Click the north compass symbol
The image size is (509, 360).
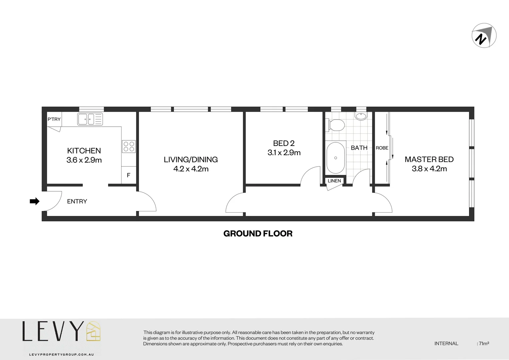(484, 36)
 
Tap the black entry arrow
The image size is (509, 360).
(35, 201)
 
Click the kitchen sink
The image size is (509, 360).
(90, 119)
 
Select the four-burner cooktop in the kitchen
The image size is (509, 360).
(129, 147)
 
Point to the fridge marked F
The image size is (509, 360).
(129, 175)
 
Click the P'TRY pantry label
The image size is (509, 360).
(54, 119)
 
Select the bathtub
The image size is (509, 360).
(335, 158)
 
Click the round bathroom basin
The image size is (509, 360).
(361, 116)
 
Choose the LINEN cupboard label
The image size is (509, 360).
(334, 181)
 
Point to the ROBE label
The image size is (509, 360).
(382, 148)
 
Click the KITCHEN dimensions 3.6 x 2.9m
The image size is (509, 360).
(84, 160)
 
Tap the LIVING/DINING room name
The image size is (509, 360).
(191, 160)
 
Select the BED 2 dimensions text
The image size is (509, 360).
(284, 153)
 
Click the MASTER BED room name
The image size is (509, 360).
(429, 159)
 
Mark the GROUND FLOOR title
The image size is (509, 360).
(258, 234)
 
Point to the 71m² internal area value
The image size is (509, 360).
(484, 343)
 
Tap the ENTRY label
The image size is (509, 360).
(77, 201)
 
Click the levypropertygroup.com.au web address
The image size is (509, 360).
(61, 355)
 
